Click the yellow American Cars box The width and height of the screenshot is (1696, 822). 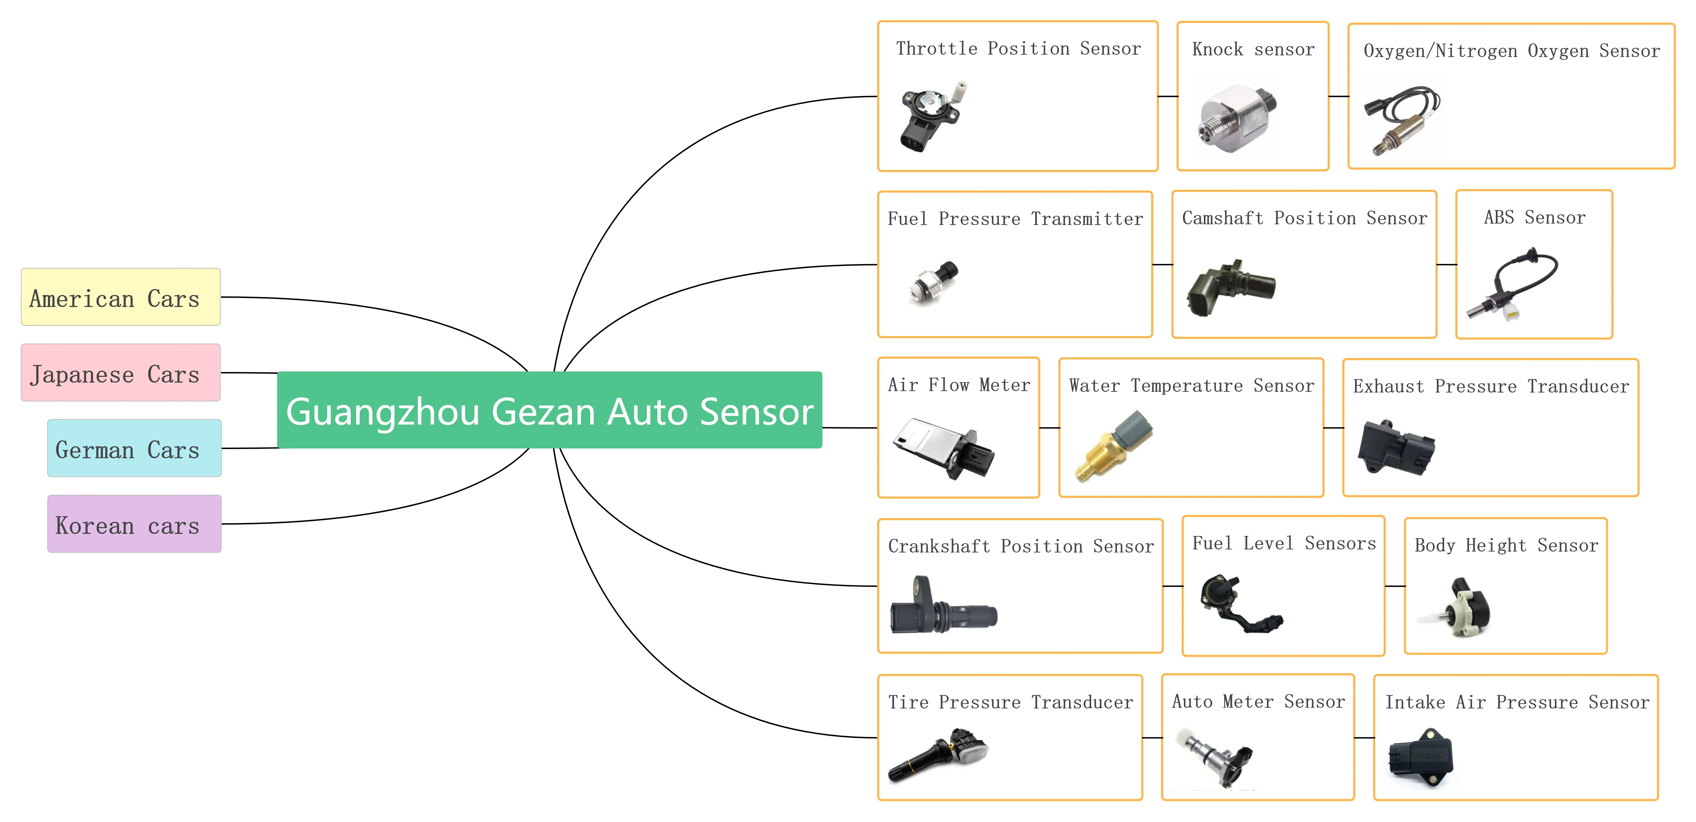point(121,297)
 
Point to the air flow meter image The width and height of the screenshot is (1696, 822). point(944,448)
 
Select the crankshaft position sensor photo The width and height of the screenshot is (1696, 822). point(944,605)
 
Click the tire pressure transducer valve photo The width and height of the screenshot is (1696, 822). point(938,756)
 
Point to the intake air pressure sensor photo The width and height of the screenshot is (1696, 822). point(1421,757)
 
